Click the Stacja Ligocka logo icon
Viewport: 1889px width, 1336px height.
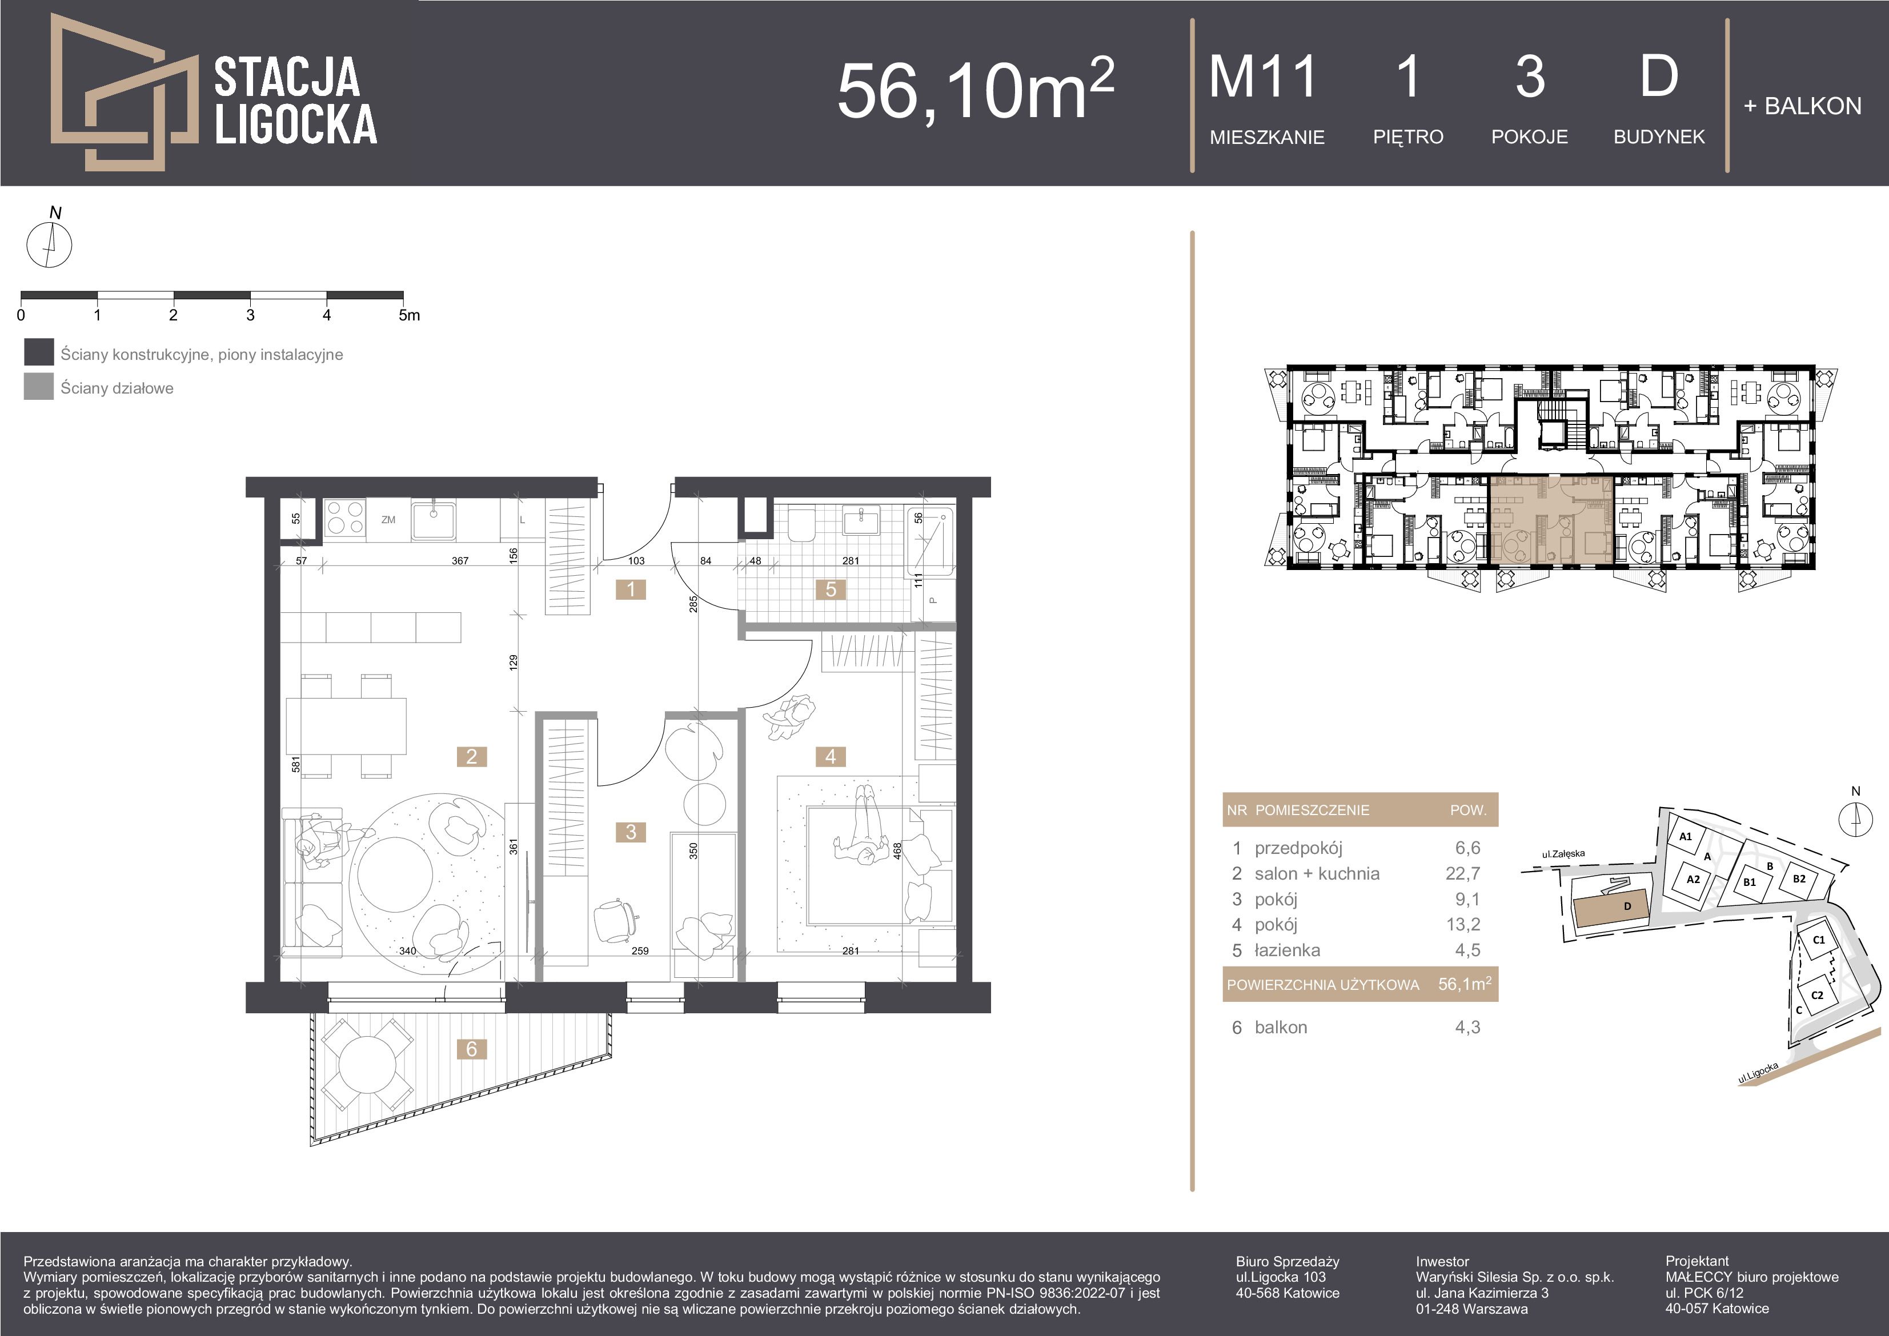(x=123, y=92)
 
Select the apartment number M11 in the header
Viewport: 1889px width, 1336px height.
(x=1263, y=77)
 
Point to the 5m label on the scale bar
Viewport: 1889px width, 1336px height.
(x=409, y=315)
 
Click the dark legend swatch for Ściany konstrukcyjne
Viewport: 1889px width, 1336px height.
(x=39, y=352)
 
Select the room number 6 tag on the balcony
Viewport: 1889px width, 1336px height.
(x=471, y=1049)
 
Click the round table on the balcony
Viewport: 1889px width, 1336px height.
(x=367, y=1067)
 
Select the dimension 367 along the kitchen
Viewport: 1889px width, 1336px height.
(x=460, y=561)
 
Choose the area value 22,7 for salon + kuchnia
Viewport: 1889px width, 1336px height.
(x=1463, y=874)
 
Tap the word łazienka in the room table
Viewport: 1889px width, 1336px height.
(x=1288, y=950)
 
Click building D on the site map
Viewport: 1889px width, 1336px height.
(x=1612, y=910)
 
